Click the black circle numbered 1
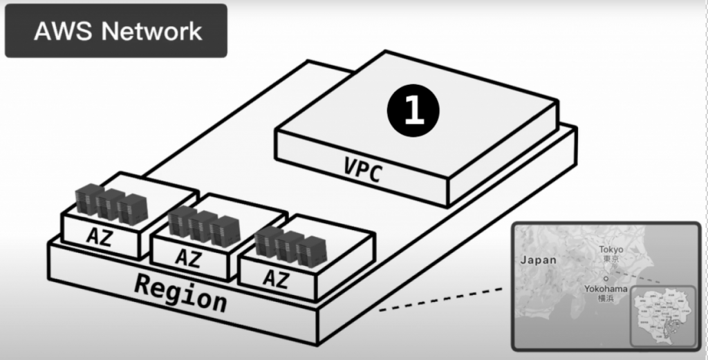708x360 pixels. click(x=413, y=111)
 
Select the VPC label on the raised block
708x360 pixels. click(x=362, y=170)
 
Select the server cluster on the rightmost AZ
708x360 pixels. click(x=290, y=246)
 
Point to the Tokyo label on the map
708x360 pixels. click(x=611, y=249)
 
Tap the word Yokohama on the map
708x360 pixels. click(x=606, y=288)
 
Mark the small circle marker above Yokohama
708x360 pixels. click(x=605, y=278)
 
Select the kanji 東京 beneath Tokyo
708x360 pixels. click(x=611, y=258)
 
